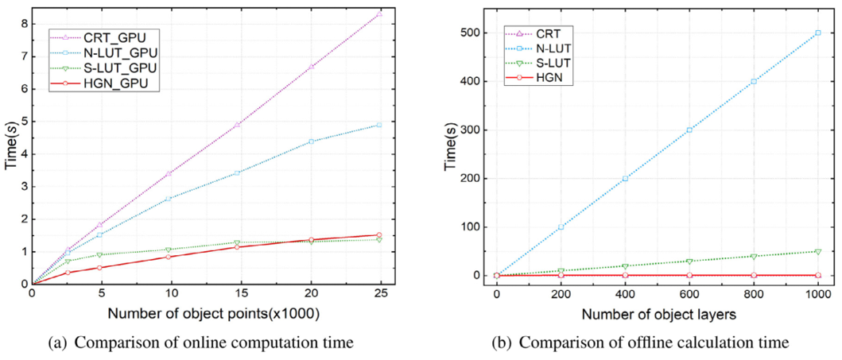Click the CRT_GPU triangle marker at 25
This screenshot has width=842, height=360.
point(380,14)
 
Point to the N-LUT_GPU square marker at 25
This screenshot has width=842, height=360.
point(380,125)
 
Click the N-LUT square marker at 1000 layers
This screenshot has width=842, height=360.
point(817,33)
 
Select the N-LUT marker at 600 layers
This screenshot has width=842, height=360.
point(689,130)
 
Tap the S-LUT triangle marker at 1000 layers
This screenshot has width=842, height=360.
point(817,251)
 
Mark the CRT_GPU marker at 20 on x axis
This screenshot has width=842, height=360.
point(311,67)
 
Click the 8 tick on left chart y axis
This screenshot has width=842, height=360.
point(24,24)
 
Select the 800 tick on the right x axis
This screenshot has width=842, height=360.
point(753,293)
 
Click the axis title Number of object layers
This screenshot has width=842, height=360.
point(657,313)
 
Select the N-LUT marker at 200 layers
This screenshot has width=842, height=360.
point(561,226)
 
